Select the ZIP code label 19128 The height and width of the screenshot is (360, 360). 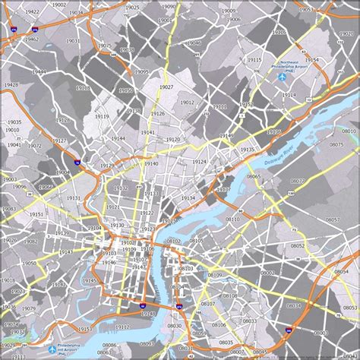[x=83, y=87]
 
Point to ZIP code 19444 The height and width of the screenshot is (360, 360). [x=39, y=72]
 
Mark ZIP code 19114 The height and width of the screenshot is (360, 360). [x=289, y=95]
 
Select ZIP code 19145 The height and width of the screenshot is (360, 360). [x=90, y=281]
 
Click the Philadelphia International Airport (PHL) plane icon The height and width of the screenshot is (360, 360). [x=53, y=350]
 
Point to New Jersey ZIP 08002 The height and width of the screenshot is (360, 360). [x=267, y=272]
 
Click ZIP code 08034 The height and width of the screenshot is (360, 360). [x=294, y=305]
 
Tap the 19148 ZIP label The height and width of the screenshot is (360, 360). [x=148, y=314]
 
